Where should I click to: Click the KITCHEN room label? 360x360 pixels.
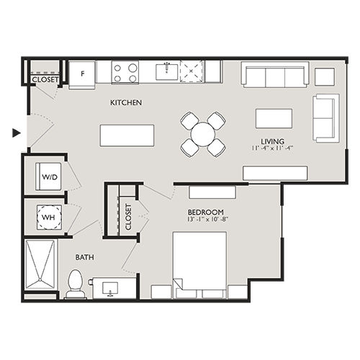click(125, 103)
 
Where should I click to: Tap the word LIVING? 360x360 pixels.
click(273, 141)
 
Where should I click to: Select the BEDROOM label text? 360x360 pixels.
click(204, 212)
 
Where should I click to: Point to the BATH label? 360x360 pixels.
click(86, 257)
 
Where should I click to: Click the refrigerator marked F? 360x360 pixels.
click(82, 73)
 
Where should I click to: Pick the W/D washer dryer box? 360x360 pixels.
click(49, 176)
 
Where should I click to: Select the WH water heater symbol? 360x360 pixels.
click(49, 215)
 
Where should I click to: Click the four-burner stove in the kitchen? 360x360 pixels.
click(125, 72)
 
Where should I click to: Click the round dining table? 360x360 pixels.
click(203, 133)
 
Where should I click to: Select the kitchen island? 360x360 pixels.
click(127, 135)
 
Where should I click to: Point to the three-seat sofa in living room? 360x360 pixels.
click(275, 76)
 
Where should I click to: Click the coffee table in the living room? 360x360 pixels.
click(274, 118)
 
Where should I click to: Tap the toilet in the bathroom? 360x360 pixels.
click(75, 283)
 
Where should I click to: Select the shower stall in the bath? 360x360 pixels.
click(41, 266)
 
